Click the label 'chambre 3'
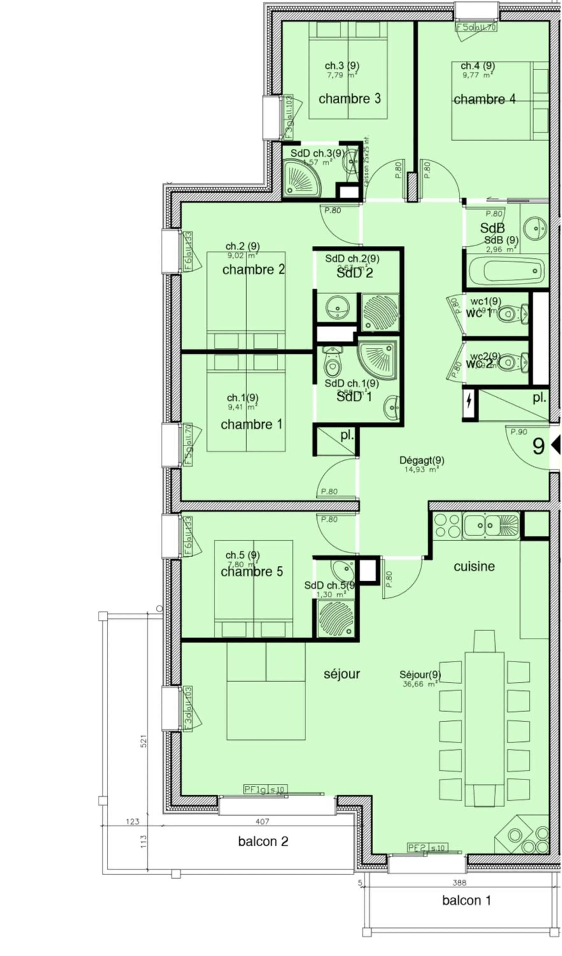coord(349,99)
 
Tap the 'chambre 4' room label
coord(484,99)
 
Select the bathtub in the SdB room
coord(506,271)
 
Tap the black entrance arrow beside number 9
coord(556,445)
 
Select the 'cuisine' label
coord(474,566)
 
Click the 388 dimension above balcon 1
coord(459,883)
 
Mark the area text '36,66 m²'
coord(420,684)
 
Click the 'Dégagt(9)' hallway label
coord(422,460)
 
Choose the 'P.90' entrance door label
coord(519,432)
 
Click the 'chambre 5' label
coord(252,572)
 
